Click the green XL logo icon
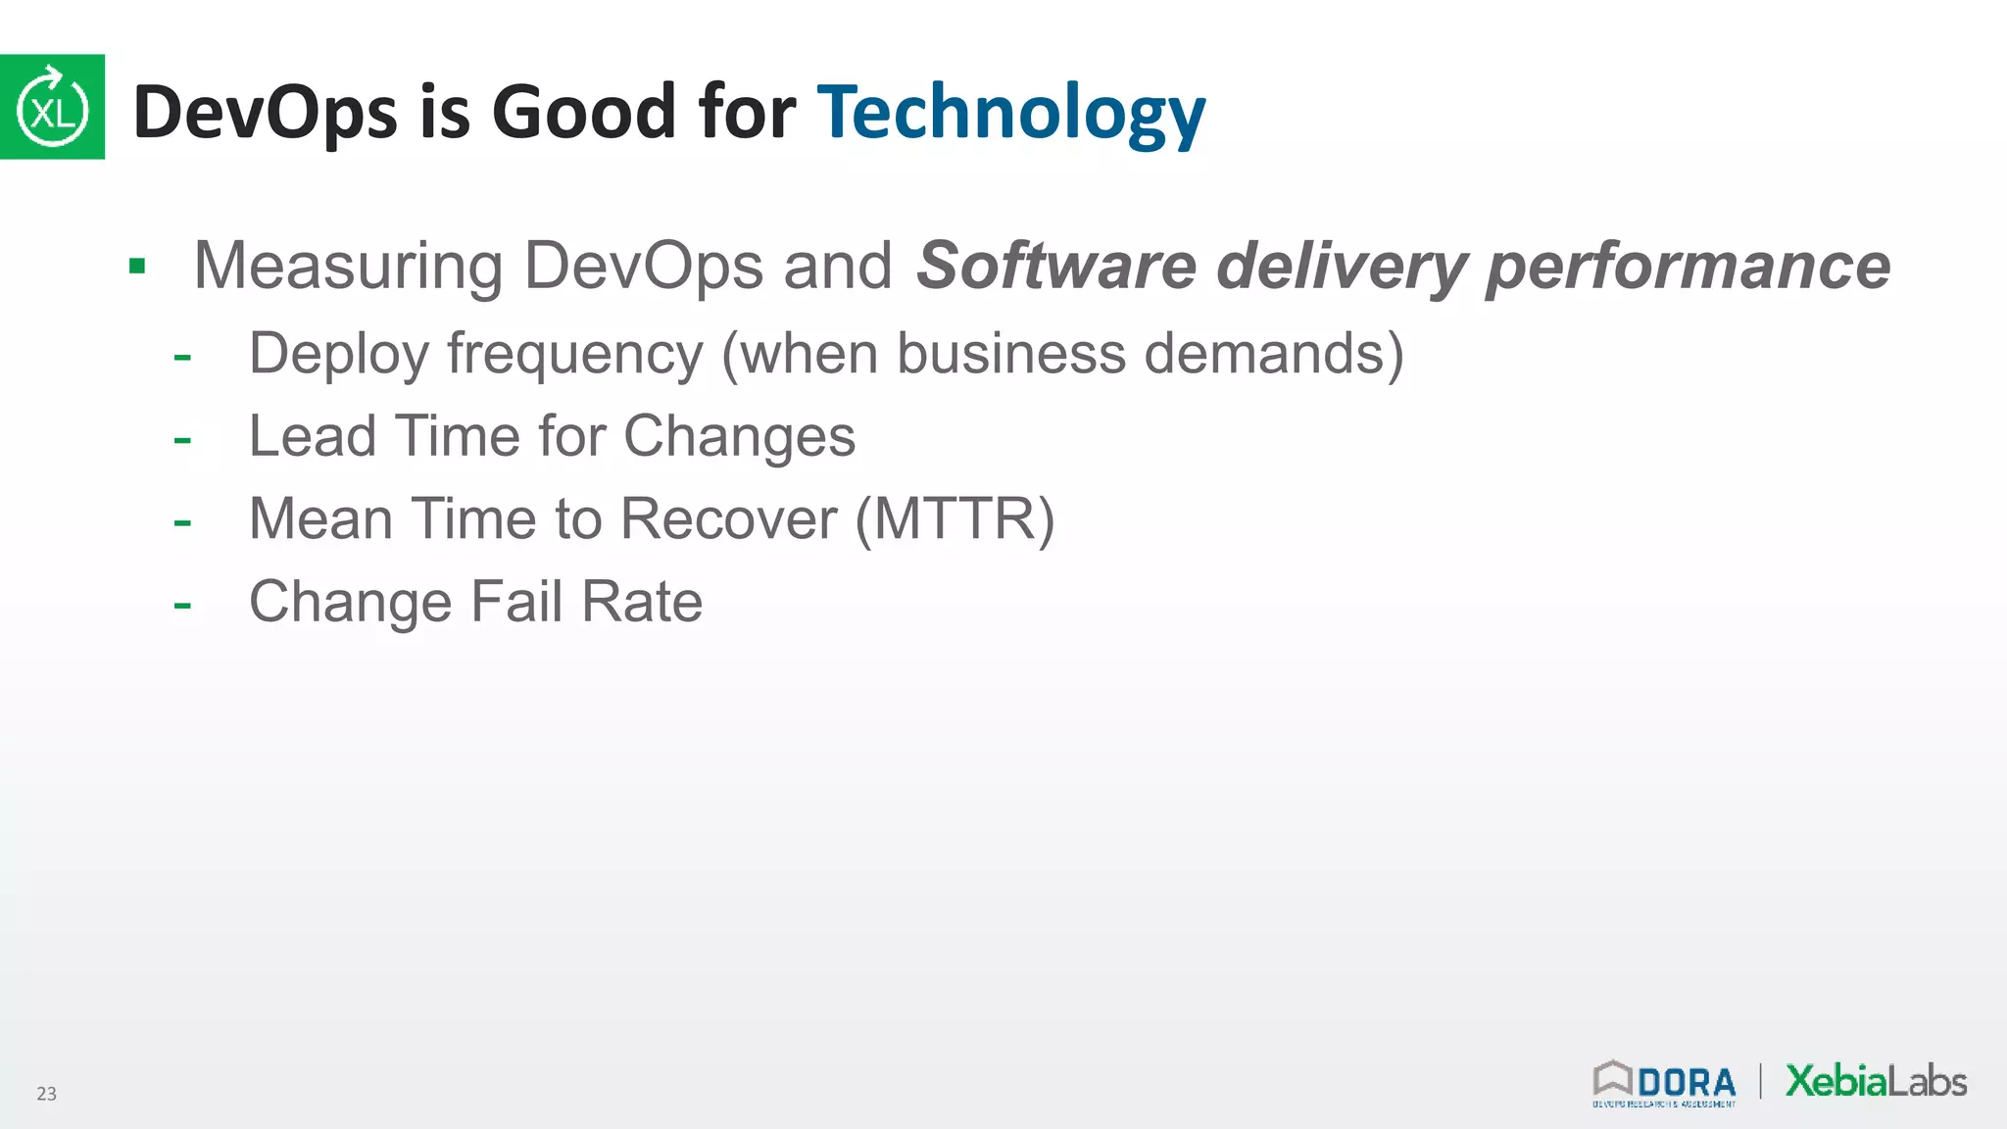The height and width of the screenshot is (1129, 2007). coord(52,107)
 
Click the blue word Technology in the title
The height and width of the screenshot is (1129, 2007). coord(1010,113)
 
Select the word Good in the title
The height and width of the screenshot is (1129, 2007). coord(584,111)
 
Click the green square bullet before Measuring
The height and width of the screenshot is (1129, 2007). coord(137,266)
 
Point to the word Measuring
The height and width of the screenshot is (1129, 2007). coord(348,266)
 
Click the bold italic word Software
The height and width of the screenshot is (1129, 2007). coord(1055,266)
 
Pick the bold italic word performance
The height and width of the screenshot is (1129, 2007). coord(1688,266)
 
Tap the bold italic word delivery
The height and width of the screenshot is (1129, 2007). coord(1342,266)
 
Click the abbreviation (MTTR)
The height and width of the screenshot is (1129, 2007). coord(955,518)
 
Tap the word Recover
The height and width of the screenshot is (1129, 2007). coord(729,518)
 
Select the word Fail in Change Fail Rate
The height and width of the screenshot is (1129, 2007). coord(516,601)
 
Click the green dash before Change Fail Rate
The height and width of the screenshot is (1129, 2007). coord(182,605)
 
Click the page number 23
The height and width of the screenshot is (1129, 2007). coord(46,1094)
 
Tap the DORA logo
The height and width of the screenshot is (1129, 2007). coord(1664,1083)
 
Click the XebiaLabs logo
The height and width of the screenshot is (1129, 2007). coord(1876,1081)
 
